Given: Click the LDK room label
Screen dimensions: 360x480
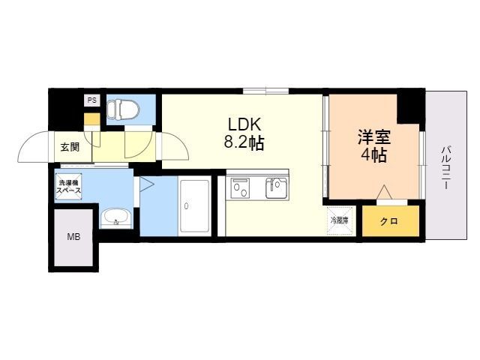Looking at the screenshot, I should pos(244,124).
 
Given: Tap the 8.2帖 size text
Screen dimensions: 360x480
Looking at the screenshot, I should pos(244,142).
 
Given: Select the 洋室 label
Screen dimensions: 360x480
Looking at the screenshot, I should pos(373,137).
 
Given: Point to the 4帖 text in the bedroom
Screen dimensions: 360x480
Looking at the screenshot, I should pos(373,156).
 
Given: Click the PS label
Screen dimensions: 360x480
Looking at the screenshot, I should pos(91,100).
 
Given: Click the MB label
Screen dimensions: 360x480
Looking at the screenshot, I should pos(73,238).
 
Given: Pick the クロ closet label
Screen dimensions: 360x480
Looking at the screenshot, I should pos(388,221).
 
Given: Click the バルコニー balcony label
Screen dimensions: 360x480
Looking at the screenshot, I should pos(445,166).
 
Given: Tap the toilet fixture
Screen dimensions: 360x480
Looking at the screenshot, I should pos(123,110).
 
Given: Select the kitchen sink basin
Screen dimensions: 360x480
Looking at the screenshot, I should pos(276,187).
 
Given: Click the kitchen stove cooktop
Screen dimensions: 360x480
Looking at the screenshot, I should pos(241,187).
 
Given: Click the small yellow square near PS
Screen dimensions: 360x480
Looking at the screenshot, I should pos(91,118).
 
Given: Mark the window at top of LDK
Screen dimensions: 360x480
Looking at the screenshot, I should pos(265,91).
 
